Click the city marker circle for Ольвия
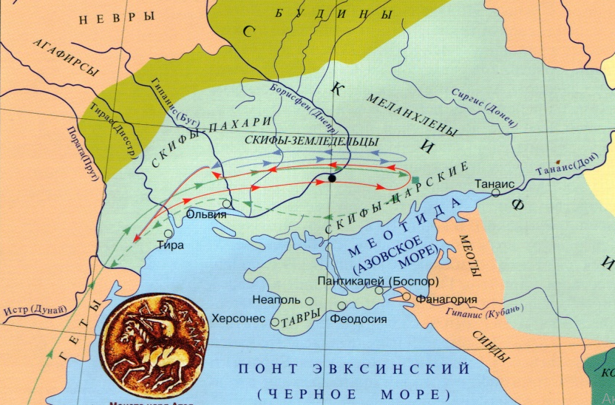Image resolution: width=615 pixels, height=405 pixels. click(226, 203)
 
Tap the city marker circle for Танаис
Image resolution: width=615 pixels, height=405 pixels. click(496, 192)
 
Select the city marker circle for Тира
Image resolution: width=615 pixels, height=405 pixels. click(169, 234)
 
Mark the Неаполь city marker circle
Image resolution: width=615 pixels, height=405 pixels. click(309, 301)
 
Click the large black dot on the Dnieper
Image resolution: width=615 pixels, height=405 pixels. click(332, 178)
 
